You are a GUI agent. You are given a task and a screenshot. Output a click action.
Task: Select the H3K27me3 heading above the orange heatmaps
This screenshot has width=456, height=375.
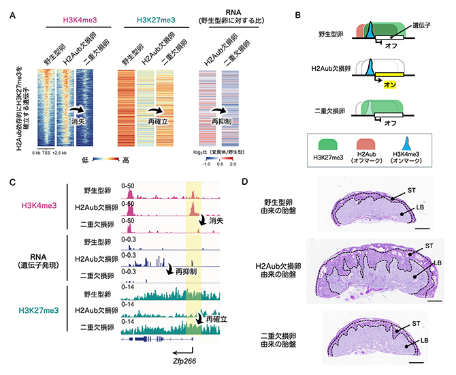click(151, 16)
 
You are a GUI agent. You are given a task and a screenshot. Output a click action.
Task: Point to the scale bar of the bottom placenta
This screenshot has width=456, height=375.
click(417, 353)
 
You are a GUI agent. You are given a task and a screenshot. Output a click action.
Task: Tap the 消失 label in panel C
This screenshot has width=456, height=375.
click(216, 221)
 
